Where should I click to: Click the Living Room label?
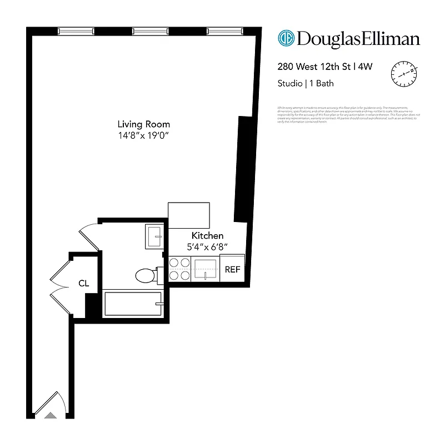pyautogui.click(x=143, y=124)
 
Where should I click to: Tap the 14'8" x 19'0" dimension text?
pyautogui.click(x=143, y=135)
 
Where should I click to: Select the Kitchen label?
pyautogui.click(x=207, y=236)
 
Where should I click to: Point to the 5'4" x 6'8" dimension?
pyautogui.click(x=207, y=246)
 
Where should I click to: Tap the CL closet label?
pyautogui.click(x=83, y=284)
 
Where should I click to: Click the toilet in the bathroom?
pyautogui.click(x=146, y=275)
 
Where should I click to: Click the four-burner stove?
pyautogui.click(x=180, y=269)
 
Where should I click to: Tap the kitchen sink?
pyautogui.click(x=206, y=269)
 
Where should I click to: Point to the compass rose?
pyautogui.click(x=405, y=74)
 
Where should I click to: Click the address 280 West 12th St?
pyautogui.click(x=314, y=67)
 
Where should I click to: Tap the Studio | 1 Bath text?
pyautogui.click(x=305, y=84)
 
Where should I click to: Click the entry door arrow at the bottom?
pyautogui.click(x=50, y=415)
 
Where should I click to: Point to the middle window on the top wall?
pyautogui.click(x=151, y=31)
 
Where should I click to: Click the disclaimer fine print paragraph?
pyautogui.click(x=348, y=114)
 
